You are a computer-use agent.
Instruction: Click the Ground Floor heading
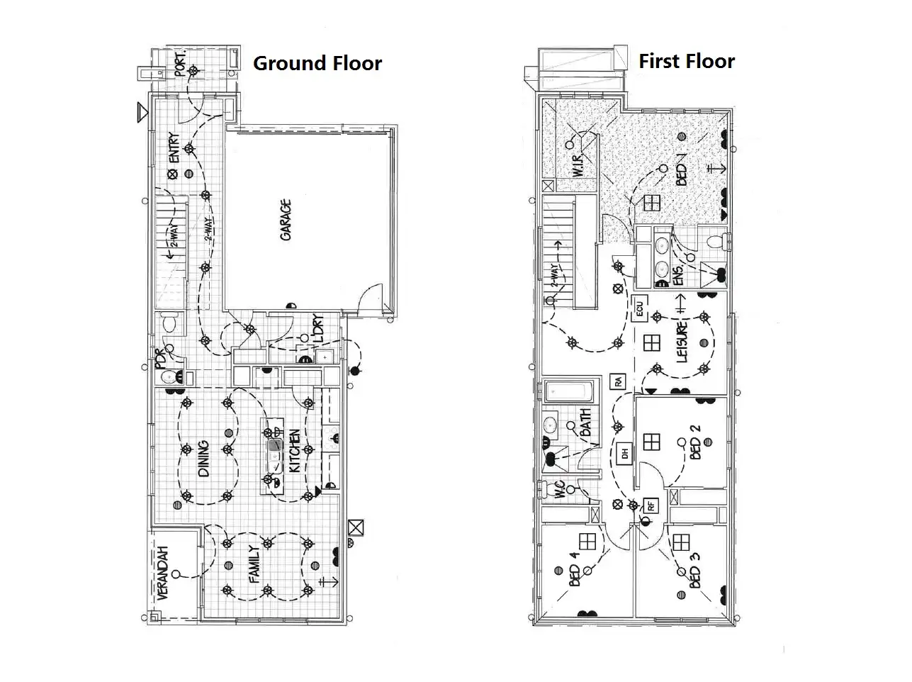point(317,63)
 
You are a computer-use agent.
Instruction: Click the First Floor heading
point(686,61)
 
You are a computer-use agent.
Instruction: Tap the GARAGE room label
point(286,220)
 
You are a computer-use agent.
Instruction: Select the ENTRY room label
point(174,147)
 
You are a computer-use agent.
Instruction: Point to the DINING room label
point(203,459)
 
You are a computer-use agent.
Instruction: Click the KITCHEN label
point(294,451)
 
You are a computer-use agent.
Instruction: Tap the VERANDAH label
point(163,574)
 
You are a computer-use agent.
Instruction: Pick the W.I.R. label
point(578,162)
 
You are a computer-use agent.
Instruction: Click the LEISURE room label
point(682,342)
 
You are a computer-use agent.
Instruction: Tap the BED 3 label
point(695,574)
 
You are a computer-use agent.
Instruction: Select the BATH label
point(586,423)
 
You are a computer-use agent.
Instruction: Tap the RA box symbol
point(618,381)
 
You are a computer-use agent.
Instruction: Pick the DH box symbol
point(624,453)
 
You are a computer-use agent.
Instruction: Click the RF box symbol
point(649,506)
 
